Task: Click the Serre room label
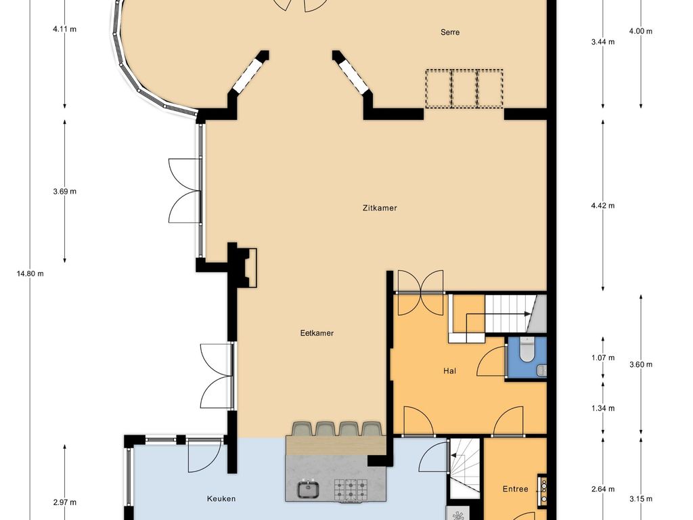[450, 32]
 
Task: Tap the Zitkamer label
[380, 208]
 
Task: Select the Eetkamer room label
[317, 333]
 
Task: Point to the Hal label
[449, 371]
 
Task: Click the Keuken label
[221, 499]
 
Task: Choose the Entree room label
[515, 489]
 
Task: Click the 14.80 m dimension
[30, 274]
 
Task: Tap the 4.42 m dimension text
[603, 206]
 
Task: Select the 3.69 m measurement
[64, 192]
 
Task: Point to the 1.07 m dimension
[603, 357]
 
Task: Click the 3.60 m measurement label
[641, 365]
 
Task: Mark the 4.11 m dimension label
[64, 29]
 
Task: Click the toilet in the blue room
[527, 349]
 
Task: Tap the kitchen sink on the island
[308, 489]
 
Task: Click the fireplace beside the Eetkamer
[246, 268]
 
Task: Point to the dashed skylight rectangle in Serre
[464, 89]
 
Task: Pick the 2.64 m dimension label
[603, 489]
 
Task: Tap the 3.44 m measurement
[603, 42]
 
